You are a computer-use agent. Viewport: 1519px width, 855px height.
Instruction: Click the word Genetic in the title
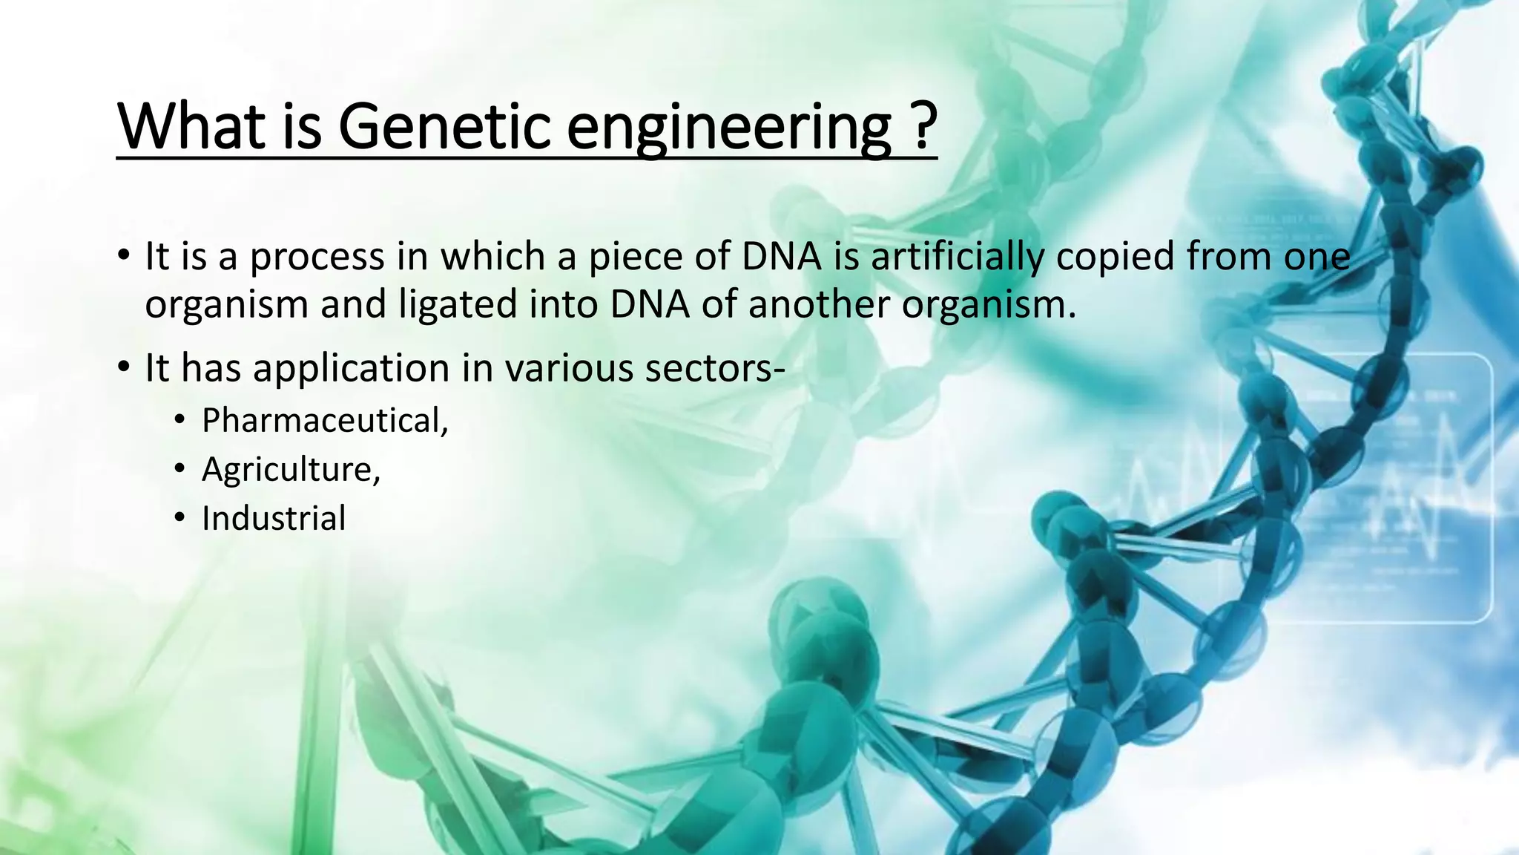pyautogui.click(x=444, y=126)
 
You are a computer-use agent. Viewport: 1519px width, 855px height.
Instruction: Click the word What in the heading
pyautogui.click(x=191, y=126)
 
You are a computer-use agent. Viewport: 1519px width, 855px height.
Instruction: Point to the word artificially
pyautogui.click(x=957, y=257)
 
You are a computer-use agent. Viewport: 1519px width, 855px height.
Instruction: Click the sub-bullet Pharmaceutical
pyautogui.click(x=325, y=421)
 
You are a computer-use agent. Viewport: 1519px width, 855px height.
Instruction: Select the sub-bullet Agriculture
pyautogui.click(x=291, y=470)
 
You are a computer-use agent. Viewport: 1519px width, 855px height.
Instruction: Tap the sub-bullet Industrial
pyautogui.click(x=273, y=518)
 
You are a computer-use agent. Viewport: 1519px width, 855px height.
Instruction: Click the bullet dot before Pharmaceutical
pyautogui.click(x=179, y=422)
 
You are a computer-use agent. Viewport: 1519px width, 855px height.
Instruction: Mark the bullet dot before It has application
pyautogui.click(x=124, y=368)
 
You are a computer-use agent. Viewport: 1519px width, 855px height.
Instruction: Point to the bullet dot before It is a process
pyautogui.click(x=124, y=257)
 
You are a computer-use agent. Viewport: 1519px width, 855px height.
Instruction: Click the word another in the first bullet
pyautogui.click(x=819, y=305)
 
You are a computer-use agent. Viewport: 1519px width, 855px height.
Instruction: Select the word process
pyautogui.click(x=316, y=258)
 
